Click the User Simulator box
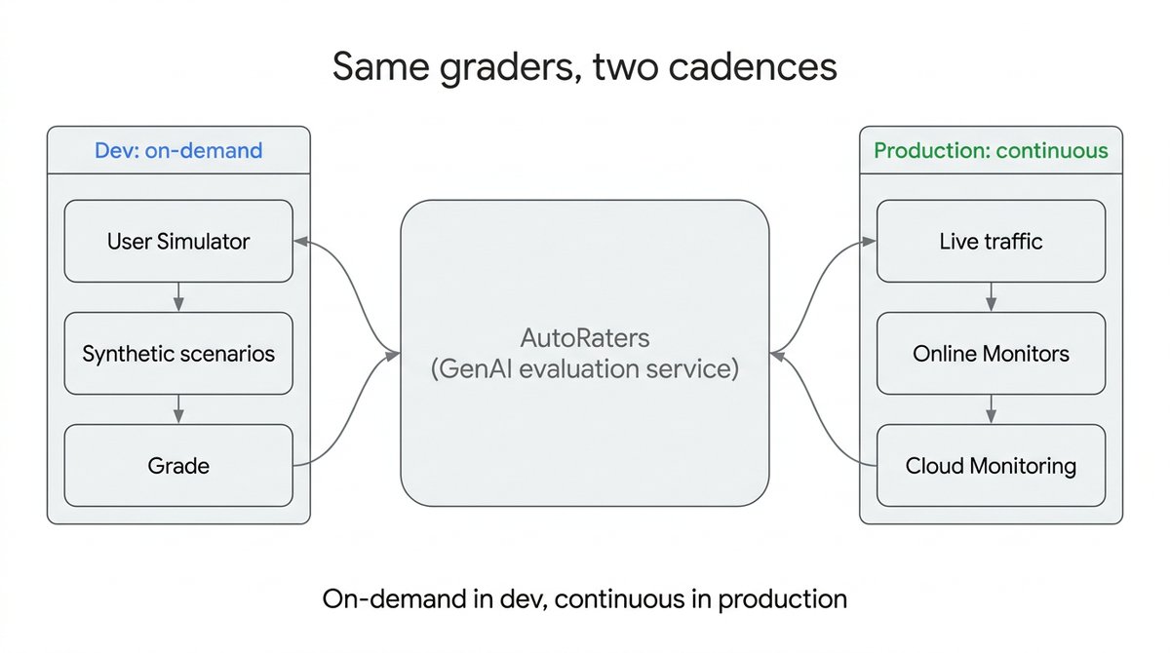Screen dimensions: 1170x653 click(x=178, y=241)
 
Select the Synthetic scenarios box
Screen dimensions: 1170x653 click(x=178, y=354)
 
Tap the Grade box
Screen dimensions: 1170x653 click(x=178, y=466)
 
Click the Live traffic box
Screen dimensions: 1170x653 click(x=991, y=241)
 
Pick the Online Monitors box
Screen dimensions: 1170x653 click(x=991, y=354)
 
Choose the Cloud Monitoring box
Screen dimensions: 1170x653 click(x=991, y=466)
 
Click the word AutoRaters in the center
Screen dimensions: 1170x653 click(x=585, y=338)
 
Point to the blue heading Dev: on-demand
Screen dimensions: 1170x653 click(x=178, y=150)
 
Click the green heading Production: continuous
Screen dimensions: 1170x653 click(x=991, y=150)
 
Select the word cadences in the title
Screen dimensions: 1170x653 click(x=753, y=67)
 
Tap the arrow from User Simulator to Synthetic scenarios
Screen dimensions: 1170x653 click(x=178, y=297)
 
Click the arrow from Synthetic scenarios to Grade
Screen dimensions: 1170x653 click(x=178, y=409)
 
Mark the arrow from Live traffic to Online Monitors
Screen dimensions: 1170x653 click(x=991, y=297)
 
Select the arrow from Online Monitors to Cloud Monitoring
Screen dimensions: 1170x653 click(x=991, y=409)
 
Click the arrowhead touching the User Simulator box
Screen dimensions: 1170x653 click(x=301, y=241)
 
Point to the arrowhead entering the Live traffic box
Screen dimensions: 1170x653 click(x=869, y=241)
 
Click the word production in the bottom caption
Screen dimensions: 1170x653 click(x=782, y=600)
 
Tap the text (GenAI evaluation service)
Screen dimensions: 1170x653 click(x=585, y=369)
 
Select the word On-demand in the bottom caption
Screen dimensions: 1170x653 click(x=394, y=598)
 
